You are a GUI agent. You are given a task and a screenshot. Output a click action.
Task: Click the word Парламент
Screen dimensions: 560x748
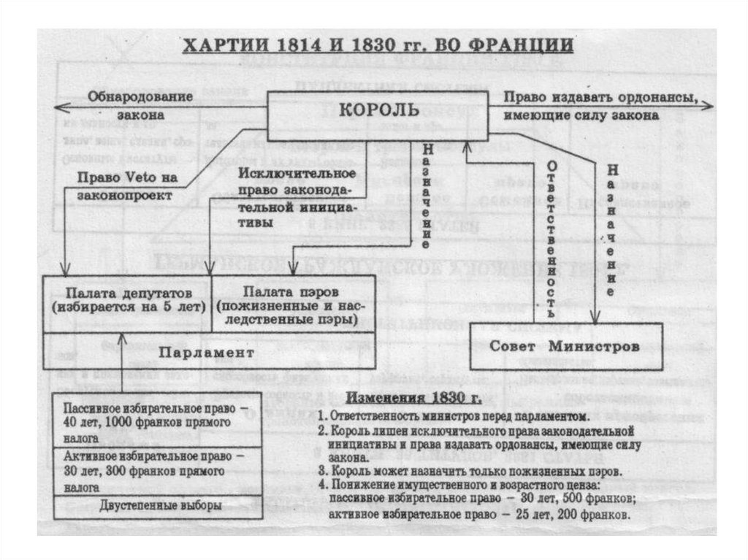click(207, 352)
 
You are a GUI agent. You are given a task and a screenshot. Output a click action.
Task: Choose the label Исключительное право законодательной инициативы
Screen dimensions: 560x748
click(296, 198)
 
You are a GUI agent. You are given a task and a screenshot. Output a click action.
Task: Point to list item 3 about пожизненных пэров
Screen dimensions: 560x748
click(470, 471)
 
